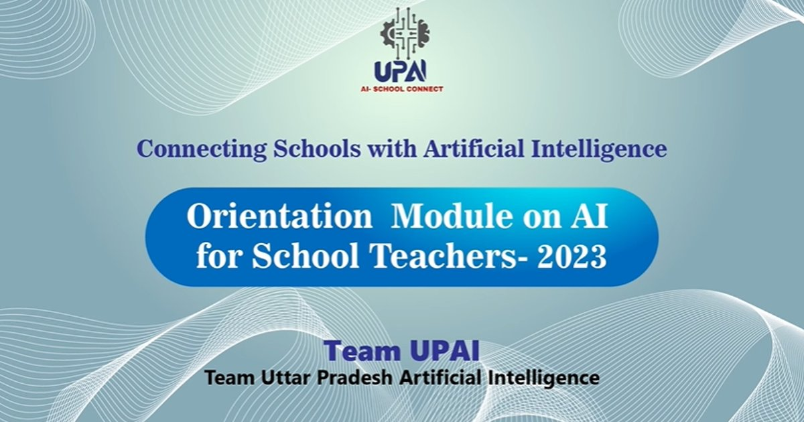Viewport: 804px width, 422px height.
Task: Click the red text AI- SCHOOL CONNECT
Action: tap(402, 88)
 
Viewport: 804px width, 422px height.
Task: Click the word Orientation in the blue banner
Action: tap(279, 217)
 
